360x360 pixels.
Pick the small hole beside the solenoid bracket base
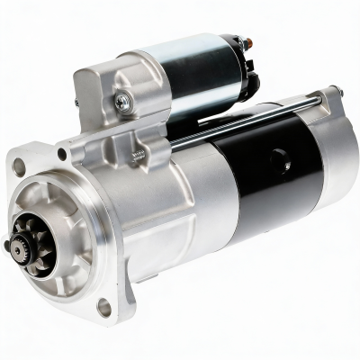click(62, 153)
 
